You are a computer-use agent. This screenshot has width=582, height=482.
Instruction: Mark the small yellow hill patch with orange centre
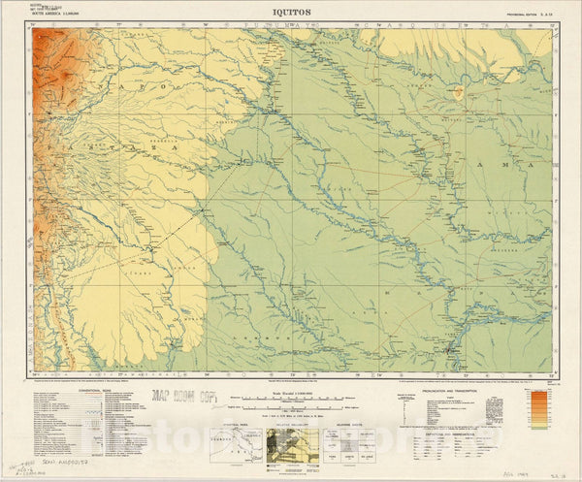coord(458,94)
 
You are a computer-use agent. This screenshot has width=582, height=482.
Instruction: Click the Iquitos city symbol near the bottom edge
coord(449,348)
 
